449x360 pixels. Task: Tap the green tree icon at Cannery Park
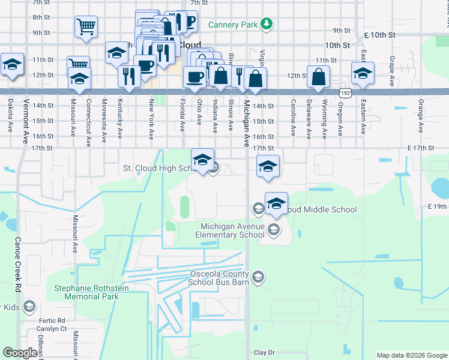point(265,24)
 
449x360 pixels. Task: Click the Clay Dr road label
point(264,352)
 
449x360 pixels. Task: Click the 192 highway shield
point(345,93)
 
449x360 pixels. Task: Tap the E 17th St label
point(420,148)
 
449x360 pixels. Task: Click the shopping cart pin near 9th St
point(86,27)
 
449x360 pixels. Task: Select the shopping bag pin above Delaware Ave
point(319,77)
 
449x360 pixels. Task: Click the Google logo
point(20,352)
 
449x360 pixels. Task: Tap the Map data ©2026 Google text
point(412,355)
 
